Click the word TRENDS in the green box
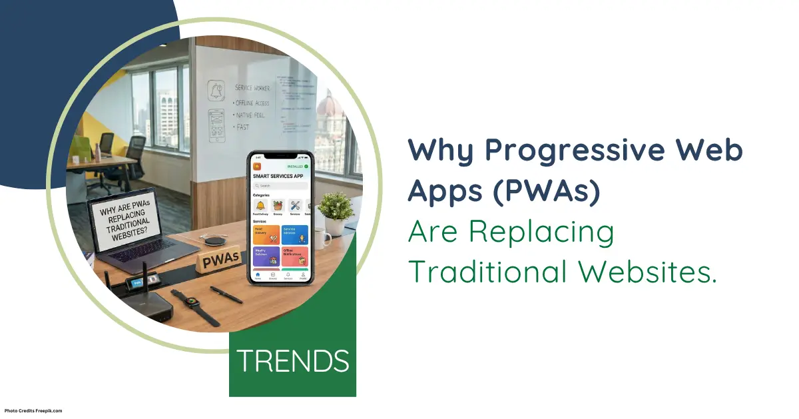(x=293, y=360)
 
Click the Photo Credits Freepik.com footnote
(x=33, y=411)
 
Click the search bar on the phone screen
(x=280, y=185)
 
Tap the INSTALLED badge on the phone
(x=295, y=166)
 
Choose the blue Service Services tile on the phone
(x=295, y=234)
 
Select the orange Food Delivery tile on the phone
(x=266, y=234)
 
